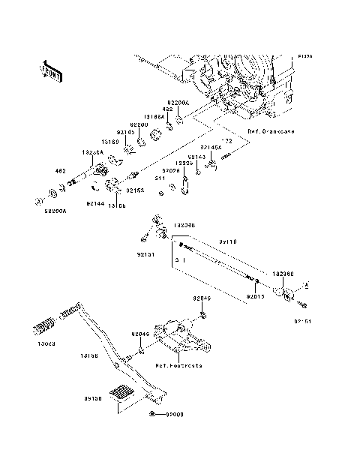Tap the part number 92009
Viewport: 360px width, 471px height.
pos(174,413)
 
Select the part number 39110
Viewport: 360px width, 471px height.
pos(228,242)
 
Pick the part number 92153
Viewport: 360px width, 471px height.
pos(135,191)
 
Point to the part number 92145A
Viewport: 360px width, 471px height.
pos(211,148)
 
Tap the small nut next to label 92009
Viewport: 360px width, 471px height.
pos(153,413)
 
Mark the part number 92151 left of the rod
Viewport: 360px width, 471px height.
pos(145,255)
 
